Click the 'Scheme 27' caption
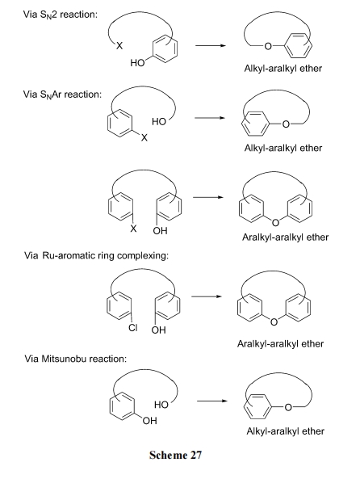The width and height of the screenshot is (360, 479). point(176,456)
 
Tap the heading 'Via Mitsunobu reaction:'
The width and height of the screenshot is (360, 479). point(75,359)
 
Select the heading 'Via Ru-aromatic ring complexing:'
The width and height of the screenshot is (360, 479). point(96,255)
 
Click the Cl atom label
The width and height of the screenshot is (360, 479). point(133,328)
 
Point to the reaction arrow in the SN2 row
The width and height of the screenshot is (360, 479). point(211,46)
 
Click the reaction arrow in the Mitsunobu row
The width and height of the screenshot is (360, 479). point(212,401)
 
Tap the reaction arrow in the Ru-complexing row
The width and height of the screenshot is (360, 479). point(207,296)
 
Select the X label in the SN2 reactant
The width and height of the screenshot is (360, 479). point(119,46)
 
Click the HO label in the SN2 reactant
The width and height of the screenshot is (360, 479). point(137,63)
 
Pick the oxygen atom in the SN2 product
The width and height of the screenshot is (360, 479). point(268,46)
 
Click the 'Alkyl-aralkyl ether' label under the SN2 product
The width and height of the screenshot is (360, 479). point(283,68)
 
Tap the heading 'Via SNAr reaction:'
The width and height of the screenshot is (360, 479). point(62,95)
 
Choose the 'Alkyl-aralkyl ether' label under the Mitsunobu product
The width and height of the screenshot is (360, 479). point(286,431)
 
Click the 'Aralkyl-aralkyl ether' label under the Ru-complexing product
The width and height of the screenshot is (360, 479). point(280,343)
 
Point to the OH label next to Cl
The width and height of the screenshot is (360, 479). point(159,330)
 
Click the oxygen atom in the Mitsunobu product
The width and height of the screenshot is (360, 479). point(288,408)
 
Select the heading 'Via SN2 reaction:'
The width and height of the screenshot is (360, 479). point(61,15)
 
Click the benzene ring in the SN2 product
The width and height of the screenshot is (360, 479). point(299,46)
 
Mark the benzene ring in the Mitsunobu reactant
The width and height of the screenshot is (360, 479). point(122,408)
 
